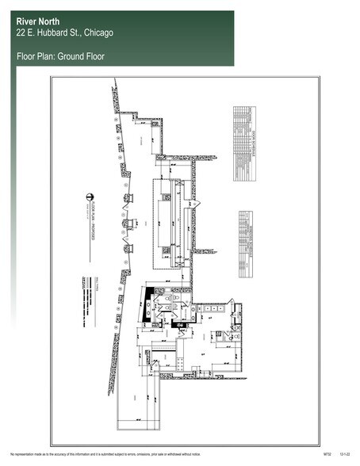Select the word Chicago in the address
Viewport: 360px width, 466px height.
pyautogui.click(x=95, y=33)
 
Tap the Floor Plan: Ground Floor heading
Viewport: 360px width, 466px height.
pyautogui.click(x=60, y=56)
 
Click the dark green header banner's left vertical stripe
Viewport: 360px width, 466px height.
pyautogui.click(x=12, y=159)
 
